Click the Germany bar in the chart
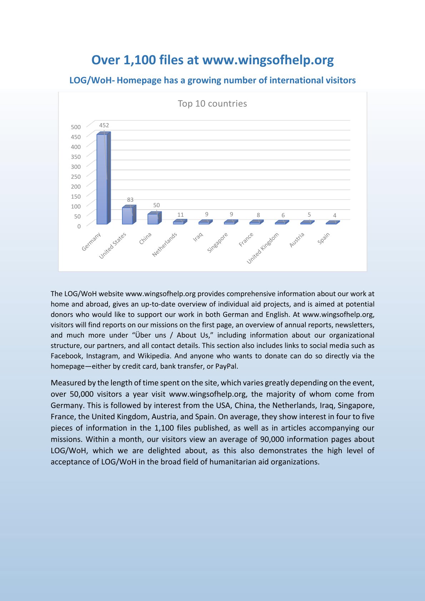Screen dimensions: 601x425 (102, 179)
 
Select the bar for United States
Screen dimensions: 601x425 (127, 216)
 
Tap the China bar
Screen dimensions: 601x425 (153, 219)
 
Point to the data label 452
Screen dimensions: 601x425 (104, 125)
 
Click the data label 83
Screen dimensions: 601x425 (130, 200)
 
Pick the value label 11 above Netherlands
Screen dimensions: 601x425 (181, 215)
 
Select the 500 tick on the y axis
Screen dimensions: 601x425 (76, 127)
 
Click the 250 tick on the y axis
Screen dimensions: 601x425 (76, 177)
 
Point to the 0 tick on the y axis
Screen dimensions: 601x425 (79, 226)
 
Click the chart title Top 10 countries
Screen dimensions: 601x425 (212, 104)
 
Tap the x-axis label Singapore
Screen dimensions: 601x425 (217, 242)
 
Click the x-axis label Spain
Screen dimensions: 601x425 (324, 238)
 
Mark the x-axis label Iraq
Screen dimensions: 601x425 (198, 236)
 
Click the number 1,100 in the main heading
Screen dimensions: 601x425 (140, 60)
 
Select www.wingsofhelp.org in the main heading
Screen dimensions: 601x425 (268, 60)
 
